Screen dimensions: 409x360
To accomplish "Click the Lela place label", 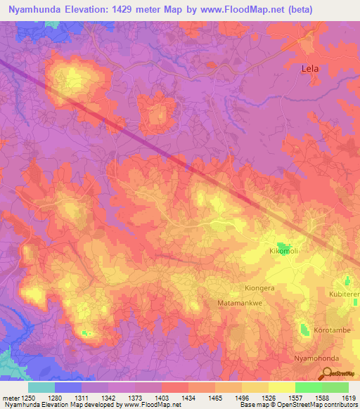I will pos(309,69).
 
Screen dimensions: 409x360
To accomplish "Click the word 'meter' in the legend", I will pos(10,398).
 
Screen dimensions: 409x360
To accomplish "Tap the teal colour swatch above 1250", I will pos(41,387).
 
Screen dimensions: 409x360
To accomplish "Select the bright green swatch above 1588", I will pos(308,387).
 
